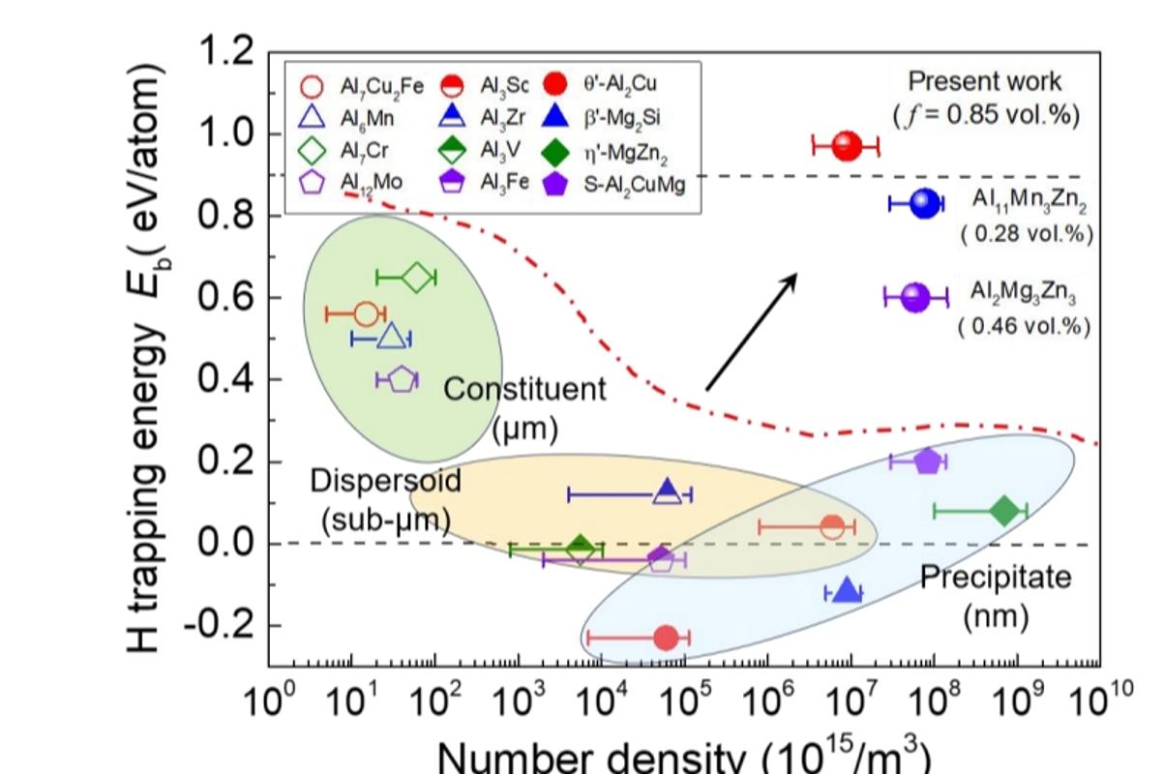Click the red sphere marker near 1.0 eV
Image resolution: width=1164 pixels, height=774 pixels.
tap(847, 147)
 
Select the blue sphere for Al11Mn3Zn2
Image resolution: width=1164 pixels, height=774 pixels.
tap(925, 203)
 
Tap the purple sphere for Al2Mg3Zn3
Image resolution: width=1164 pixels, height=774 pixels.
tap(914, 298)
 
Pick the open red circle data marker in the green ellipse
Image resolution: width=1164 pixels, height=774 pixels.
tap(365, 313)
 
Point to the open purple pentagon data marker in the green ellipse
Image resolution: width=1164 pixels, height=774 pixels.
tap(402, 379)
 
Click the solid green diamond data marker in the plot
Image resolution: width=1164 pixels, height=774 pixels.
tap(1004, 510)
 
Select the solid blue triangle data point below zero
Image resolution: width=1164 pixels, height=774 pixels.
tap(848, 591)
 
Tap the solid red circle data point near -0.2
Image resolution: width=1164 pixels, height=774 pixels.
tap(666, 638)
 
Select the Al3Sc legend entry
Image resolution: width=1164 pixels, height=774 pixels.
tap(488, 87)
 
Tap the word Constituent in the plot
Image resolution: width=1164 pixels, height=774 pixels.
tap(524, 390)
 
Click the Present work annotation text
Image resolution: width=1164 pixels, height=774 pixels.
tap(985, 81)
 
